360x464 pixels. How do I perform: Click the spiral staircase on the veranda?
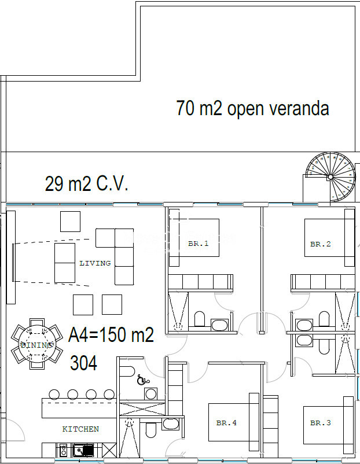point(330,177)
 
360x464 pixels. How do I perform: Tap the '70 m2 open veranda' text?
point(252,108)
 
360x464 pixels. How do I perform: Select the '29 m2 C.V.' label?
point(86,183)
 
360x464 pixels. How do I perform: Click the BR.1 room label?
point(199,244)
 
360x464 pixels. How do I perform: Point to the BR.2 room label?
point(320,244)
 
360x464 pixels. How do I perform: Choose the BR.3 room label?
point(320,423)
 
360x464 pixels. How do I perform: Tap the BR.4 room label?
point(226,423)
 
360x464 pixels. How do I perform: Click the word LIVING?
point(95,263)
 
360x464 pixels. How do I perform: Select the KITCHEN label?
point(80,429)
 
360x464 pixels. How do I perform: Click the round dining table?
point(37,344)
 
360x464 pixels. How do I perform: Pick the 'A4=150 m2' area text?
point(111,334)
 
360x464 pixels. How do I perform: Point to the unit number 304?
point(83,363)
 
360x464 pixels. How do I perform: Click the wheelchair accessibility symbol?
point(143,380)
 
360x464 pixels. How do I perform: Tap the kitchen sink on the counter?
point(83,450)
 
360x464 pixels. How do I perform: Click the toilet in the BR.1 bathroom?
point(200,319)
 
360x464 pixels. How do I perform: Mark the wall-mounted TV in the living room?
point(13,263)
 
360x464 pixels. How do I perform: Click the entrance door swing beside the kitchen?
point(13,430)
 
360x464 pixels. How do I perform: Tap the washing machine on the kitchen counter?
point(63,450)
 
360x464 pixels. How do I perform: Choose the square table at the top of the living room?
point(70,222)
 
